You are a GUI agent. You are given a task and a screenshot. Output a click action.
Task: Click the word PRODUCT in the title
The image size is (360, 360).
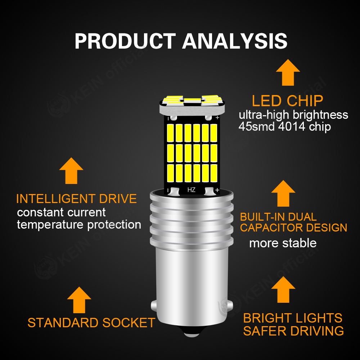point(125,41)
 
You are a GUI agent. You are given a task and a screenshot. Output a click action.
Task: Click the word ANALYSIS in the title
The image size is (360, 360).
point(235,41)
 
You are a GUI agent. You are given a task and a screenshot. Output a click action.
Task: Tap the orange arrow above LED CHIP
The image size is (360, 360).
point(288,73)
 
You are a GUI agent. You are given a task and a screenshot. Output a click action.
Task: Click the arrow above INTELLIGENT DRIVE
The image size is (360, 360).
point(71,171)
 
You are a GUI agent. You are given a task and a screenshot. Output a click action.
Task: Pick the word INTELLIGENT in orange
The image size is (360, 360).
point(56,199)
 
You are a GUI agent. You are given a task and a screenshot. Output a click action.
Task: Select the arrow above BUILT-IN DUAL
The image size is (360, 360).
point(283,193)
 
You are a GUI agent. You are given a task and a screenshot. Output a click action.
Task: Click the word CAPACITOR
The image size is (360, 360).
point(271,228)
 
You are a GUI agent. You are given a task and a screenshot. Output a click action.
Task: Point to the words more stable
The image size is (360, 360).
point(283,243)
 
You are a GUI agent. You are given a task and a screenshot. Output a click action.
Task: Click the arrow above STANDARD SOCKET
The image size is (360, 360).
point(79,300)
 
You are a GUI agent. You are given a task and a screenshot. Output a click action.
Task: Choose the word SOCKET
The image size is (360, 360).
point(129,323)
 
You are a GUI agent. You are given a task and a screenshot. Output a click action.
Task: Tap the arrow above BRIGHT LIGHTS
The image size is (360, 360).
point(283,289)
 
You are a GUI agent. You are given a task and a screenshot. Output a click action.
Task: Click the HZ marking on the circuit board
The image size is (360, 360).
point(191,190)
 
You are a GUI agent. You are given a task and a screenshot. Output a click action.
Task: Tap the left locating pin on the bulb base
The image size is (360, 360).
point(154,306)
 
